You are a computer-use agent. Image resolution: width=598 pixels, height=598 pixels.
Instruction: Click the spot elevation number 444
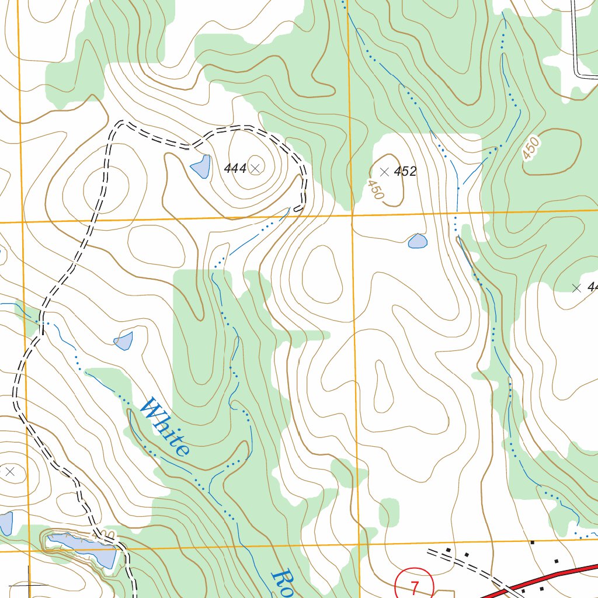[x=235, y=169]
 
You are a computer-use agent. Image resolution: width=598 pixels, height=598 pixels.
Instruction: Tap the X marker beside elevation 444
[x=255, y=168]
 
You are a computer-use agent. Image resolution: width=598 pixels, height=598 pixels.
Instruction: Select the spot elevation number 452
[x=405, y=171]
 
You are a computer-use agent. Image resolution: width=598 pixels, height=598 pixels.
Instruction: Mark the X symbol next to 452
[x=384, y=172]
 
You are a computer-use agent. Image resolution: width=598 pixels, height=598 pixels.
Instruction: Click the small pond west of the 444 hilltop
[x=200, y=167]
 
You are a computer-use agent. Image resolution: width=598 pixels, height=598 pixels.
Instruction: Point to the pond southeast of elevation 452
[x=418, y=241]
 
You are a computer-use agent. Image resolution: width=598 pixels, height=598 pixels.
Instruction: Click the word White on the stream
[x=166, y=426]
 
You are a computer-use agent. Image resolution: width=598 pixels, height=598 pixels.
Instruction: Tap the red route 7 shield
[x=415, y=586]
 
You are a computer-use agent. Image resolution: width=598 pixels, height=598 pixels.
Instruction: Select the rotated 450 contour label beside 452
[x=376, y=190]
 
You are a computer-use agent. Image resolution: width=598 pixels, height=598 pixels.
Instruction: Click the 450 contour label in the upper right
[x=531, y=148]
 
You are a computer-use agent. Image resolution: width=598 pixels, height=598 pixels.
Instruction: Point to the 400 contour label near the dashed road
[x=103, y=536]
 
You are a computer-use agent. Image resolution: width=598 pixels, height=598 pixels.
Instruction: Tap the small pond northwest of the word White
[x=124, y=341]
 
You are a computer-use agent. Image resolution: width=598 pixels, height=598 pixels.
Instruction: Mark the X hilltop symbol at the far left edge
[x=9, y=471]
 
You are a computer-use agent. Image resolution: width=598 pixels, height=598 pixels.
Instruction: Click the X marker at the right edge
[x=577, y=287]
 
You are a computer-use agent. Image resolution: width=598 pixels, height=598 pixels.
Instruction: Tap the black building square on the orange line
[x=532, y=542]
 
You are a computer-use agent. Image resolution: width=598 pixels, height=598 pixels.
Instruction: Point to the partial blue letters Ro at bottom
[x=283, y=584]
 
